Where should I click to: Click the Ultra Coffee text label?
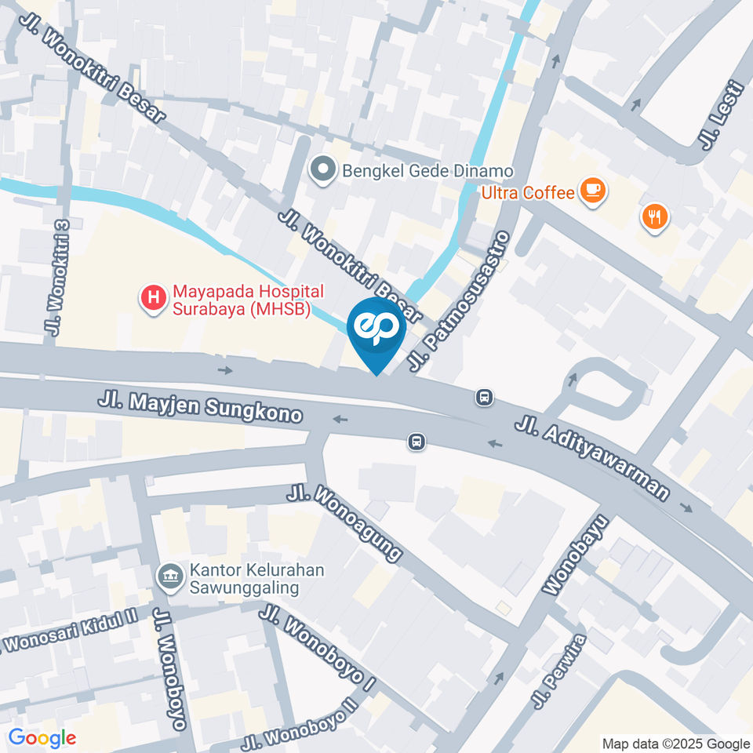pyautogui.click(x=528, y=191)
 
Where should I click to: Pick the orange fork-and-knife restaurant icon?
pyautogui.click(x=653, y=217)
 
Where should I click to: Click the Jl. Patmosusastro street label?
pyautogui.click(x=460, y=301)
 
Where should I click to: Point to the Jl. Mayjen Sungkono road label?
pyautogui.click(x=200, y=408)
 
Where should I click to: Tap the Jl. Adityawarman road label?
pyautogui.click(x=593, y=458)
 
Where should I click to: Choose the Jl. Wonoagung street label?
pyautogui.click(x=345, y=523)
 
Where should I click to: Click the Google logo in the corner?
pyautogui.click(x=42, y=738)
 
